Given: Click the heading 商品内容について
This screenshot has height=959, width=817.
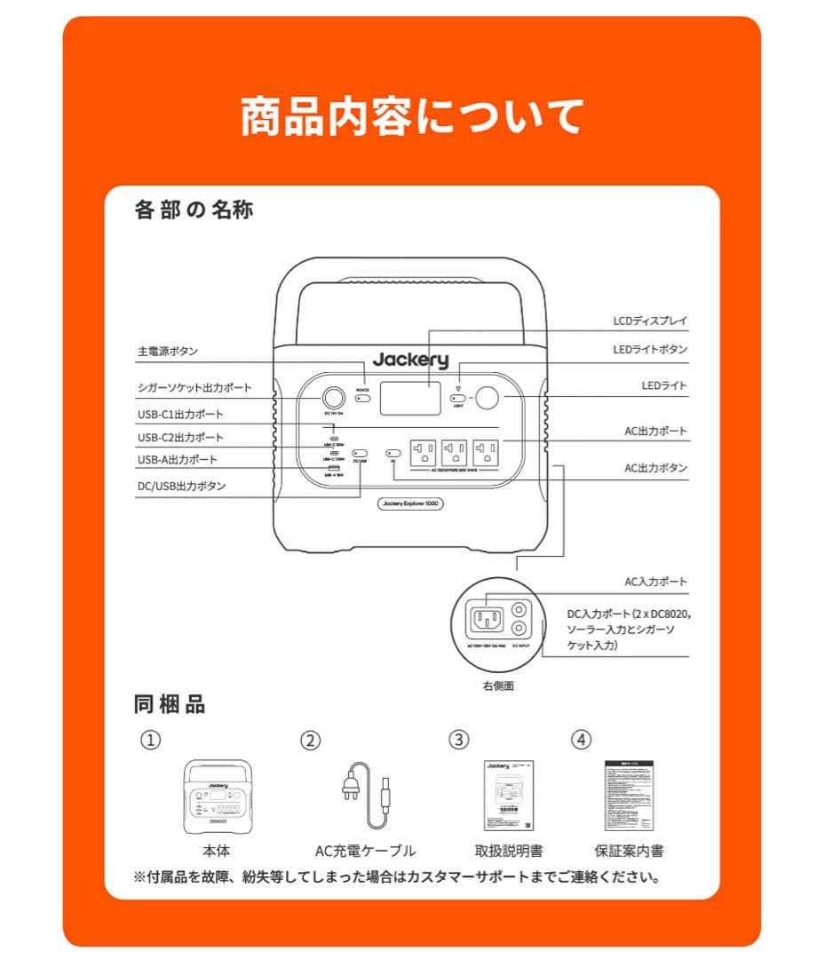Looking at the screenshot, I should click(x=411, y=116).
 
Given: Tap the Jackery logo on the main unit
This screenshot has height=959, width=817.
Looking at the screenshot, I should click(x=410, y=360).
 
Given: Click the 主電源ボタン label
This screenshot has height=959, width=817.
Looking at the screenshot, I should click(x=168, y=352).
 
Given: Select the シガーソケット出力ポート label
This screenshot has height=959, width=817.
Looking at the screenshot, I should click(x=194, y=388).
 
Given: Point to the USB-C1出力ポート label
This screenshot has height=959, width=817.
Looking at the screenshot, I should click(x=180, y=415).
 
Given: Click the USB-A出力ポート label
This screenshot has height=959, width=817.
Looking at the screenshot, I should click(x=178, y=460).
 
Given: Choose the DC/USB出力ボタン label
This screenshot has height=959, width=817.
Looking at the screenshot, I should click(x=181, y=486).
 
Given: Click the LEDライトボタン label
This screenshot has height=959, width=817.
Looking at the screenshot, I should click(x=650, y=350).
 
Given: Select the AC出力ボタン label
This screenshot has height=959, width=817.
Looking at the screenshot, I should click(x=655, y=468).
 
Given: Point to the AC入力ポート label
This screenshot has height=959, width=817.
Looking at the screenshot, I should click(x=655, y=583).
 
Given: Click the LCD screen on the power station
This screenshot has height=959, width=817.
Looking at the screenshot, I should click(x=410, y=399).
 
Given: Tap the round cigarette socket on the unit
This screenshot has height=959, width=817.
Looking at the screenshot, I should click(x=334, y=398).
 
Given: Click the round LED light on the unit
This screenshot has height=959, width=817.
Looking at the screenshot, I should click(x=487, y=399).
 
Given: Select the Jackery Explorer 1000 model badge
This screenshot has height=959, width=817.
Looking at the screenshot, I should click(x=410, y=503).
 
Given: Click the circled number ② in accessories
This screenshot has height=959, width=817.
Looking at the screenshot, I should click(x=309, y=739).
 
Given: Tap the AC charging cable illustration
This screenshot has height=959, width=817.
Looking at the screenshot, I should click(x=366, y=795).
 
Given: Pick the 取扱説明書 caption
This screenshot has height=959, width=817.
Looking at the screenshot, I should click(x=509, y=851).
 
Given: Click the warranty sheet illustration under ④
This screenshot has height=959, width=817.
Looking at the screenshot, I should click(x=629, y=795).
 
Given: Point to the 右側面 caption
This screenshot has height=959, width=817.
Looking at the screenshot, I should click(x=498, y=686).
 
